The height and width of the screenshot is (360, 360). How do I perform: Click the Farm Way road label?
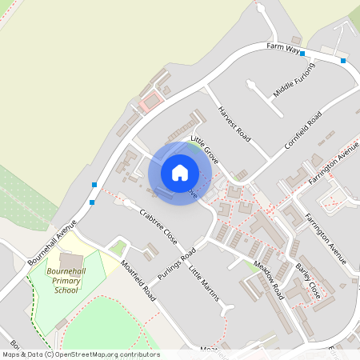[x=282, y=50]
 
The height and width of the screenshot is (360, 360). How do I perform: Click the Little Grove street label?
[x=204, y=149]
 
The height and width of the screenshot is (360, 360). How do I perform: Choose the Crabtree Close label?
[x=158, y=226]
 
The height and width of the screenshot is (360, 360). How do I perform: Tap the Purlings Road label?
[x=177, y=265]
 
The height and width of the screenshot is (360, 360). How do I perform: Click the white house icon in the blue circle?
[x=180, y=172]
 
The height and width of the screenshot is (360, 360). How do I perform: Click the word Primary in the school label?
[x=66, y=282]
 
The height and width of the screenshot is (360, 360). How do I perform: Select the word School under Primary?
[x=66, y=290]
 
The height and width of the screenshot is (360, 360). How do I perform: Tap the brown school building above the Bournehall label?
[x=70, y=262]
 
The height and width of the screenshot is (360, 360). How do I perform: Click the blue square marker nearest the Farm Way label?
[x=302, y=54]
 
